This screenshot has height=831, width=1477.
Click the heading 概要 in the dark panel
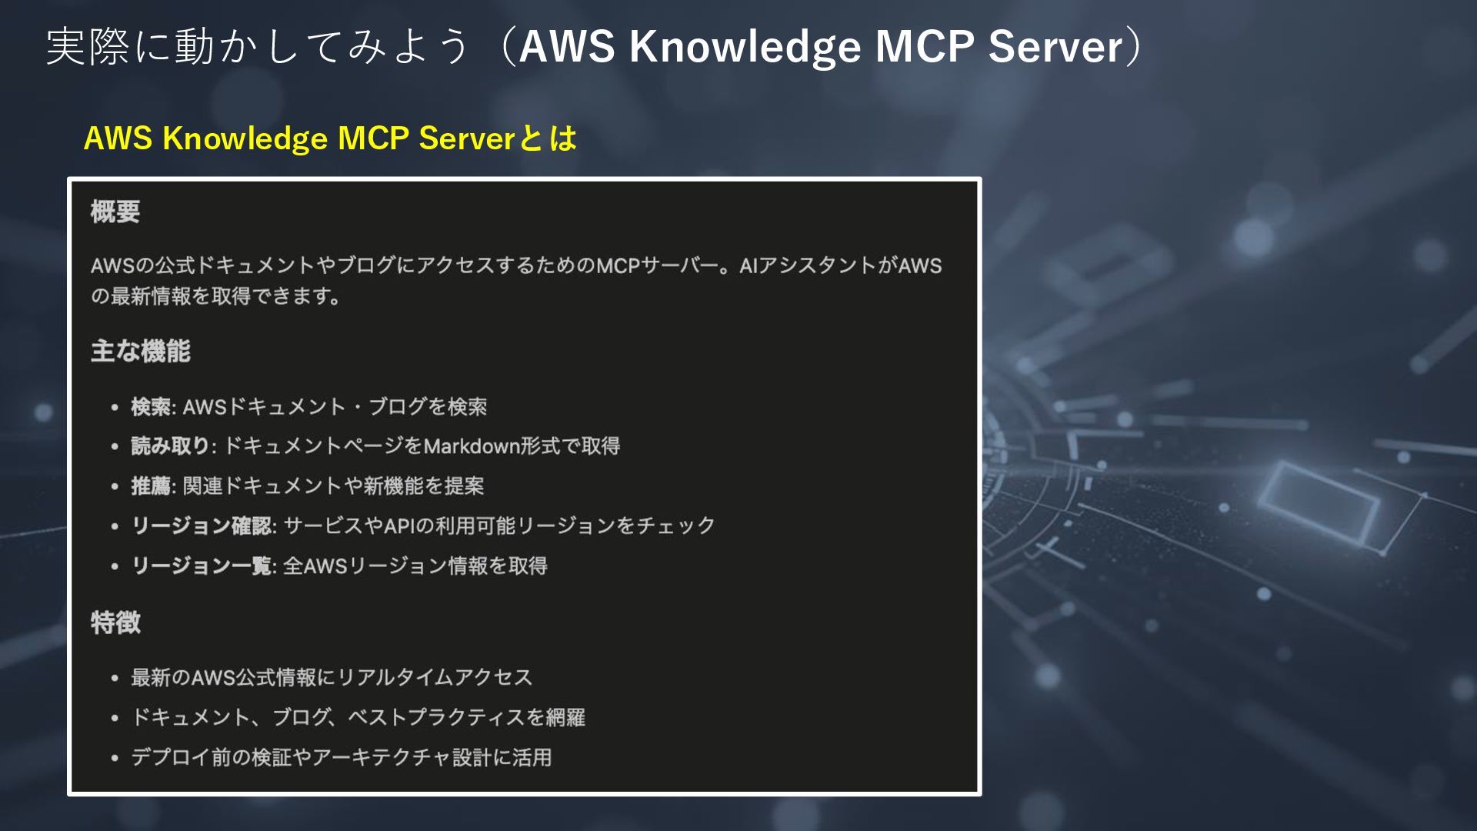115,212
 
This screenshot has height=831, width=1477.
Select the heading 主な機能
140,352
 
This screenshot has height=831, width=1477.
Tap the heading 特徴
115,622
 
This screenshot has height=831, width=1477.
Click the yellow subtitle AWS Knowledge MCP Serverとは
330,138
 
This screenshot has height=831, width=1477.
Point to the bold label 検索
151,406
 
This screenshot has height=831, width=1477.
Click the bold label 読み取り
171,446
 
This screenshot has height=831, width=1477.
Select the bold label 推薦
151,486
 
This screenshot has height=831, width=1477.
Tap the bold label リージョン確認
202,526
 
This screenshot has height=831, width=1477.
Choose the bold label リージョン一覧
202,566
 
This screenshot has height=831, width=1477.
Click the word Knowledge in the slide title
745,46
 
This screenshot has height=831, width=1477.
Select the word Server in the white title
1055,46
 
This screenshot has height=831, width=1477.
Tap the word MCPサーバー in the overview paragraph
660,266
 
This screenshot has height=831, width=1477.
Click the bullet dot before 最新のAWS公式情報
115,679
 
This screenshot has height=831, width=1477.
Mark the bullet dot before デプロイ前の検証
115,759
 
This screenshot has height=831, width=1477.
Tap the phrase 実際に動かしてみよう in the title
258,46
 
